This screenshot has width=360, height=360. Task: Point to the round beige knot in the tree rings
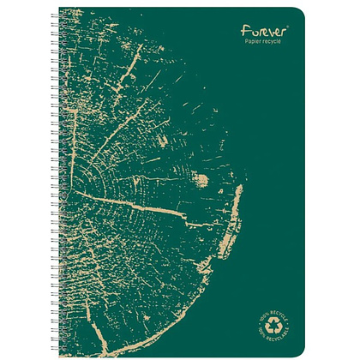click(x=203, y=180)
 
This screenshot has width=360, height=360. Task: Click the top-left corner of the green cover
click(x=60, y=7)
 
